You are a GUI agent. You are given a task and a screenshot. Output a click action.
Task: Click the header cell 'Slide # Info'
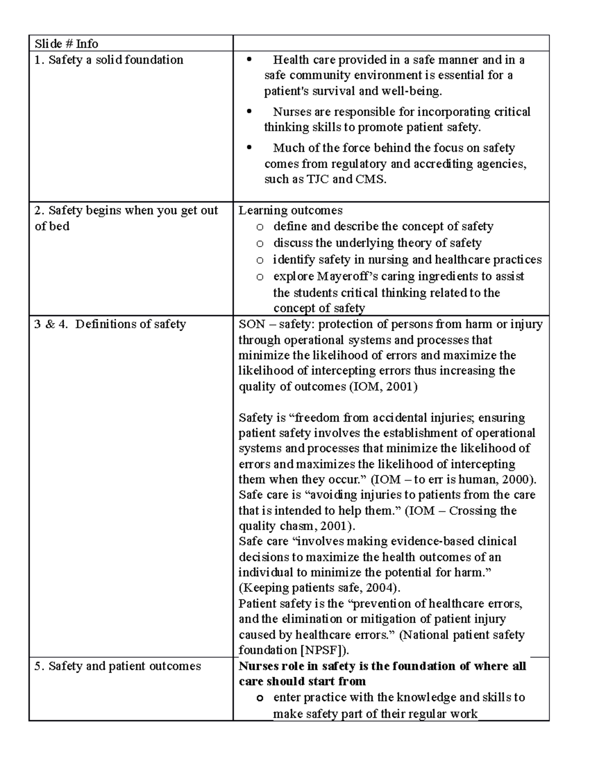(x=66, y=44)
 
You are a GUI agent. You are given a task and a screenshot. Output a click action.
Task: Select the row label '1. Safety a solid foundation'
(x=109, y=60)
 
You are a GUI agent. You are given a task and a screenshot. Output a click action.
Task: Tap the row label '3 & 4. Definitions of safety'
(x=110, y=324)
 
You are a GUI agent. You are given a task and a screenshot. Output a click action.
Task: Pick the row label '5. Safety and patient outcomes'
(x=118, y=666)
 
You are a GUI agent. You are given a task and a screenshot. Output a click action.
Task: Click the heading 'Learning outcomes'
(x=290, y=210)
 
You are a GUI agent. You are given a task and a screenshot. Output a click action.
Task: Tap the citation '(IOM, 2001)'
(x=383, y=387)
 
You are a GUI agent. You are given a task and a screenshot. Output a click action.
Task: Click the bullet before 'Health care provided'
(x=250, y=60)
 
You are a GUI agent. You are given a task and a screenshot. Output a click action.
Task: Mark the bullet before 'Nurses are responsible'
(x=250, y=112)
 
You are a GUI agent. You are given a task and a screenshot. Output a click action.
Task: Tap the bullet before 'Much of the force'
(x=250, y=148)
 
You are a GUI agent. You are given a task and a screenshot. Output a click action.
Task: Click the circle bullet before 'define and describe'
(x=260, y=227)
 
